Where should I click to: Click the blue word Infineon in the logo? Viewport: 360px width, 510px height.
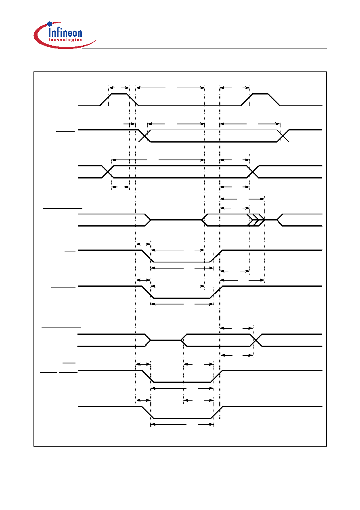pos(65,32)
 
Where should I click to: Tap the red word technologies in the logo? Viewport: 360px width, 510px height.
pos(65,40)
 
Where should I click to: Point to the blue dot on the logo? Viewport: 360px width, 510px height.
pos(50,24)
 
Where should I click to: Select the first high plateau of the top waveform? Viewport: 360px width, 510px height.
pos(119,94)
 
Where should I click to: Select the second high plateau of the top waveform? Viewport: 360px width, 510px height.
pos(260,94)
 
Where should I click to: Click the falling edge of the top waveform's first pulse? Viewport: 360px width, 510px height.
pos(133,100)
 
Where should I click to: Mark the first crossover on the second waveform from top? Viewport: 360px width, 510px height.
pos(145,136)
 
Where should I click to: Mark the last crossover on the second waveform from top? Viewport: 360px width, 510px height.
pos(283,136)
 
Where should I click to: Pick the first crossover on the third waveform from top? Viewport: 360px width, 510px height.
pos(108,172)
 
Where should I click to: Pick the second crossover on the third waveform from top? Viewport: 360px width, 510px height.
pos(253,172)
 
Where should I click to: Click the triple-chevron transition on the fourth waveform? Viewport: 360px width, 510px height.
pos(256,220)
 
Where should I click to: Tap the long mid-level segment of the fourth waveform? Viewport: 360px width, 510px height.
pos(176,220)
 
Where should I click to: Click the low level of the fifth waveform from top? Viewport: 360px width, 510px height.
pos(182,262)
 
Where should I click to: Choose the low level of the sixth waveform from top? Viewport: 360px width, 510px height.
pos(182,298)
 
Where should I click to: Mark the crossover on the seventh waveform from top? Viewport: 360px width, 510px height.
pos(256,340)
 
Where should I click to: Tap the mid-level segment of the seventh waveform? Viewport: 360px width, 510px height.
pos(165,340)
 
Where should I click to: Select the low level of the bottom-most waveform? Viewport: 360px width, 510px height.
pos(182,418)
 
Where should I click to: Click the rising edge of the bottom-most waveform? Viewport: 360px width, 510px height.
pos(217,412)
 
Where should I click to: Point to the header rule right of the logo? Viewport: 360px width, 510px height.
pos(205,48)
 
